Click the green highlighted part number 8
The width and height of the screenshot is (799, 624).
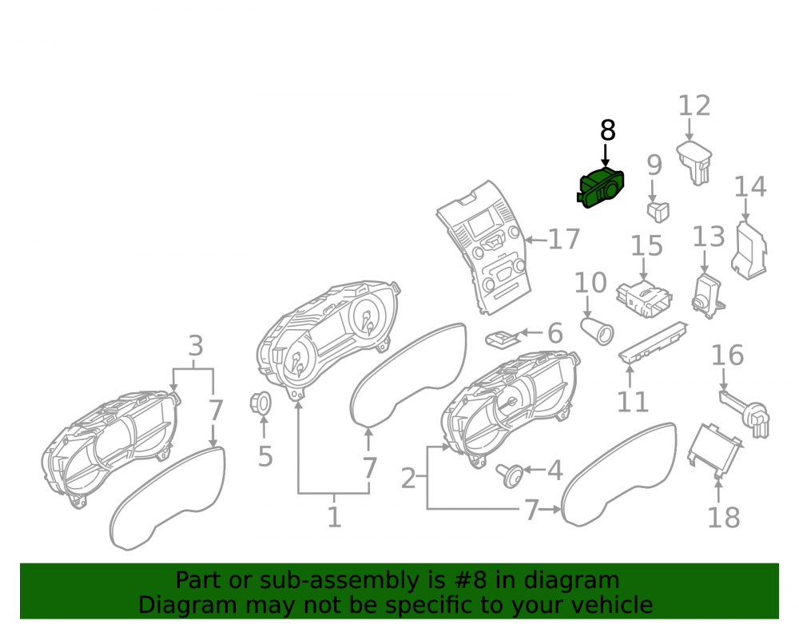pyautogui.click(x=601, y=188)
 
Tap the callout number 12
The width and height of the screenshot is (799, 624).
pyautogui.click(x=694, y=106)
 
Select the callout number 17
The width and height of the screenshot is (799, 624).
pyautogui.click(x=563, y=240)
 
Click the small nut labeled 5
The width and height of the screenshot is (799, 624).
pyautogui.click(x=260, y=403)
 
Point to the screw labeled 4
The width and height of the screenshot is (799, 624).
pyautogui.click(x=510, y=475)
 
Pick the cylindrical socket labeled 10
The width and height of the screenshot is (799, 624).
pyautogui.click(x=597, y=330)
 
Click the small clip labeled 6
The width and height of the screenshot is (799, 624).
pyautogui.click(x=503, y=338)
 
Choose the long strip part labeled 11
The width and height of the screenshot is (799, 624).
pyautogui.click(x=653, y=342)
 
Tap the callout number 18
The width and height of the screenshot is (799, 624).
pyautogui.click(x=724, y=518)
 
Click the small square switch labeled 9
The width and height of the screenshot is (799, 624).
pyautogui.click(x=658, y=212)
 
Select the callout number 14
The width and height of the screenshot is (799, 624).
pyautogui.click(x=750, y=187)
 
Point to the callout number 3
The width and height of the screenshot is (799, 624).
pyautogui.click(x=196, y=346)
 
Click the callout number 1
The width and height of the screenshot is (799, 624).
pyautogui.click(x=334, y=517)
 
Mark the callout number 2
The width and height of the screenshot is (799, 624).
pyautogui.click(x=408, y=479)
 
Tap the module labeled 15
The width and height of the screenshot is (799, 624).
pyautogui.click(x=643, y=300)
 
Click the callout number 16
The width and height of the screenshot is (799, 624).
pyautogui.click(x=727, y=355)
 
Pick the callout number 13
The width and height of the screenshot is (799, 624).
pyautogui.click(x=708, y=237)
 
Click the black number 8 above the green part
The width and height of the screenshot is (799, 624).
pyautogui.click(x=607, y=130)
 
